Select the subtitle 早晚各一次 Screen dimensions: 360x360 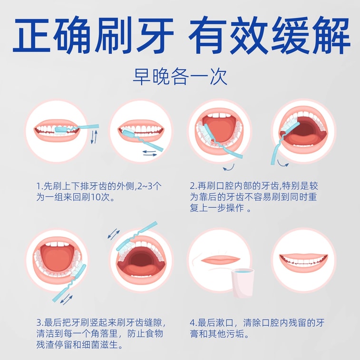180,77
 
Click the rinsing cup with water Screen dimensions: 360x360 243,282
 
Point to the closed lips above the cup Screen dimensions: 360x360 220,260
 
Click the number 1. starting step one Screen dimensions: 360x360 39,186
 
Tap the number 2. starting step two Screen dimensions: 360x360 194,186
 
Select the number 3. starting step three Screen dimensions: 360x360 40,322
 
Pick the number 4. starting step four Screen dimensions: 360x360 194,322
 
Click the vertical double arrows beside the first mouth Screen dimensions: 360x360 94,137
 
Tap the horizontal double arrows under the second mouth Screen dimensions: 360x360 150,153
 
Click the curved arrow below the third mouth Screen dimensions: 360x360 229,167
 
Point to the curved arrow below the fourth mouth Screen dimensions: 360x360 282,163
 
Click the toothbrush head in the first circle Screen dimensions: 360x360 61,129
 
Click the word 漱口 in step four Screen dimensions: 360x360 224,322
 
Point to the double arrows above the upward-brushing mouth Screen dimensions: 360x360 114,234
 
